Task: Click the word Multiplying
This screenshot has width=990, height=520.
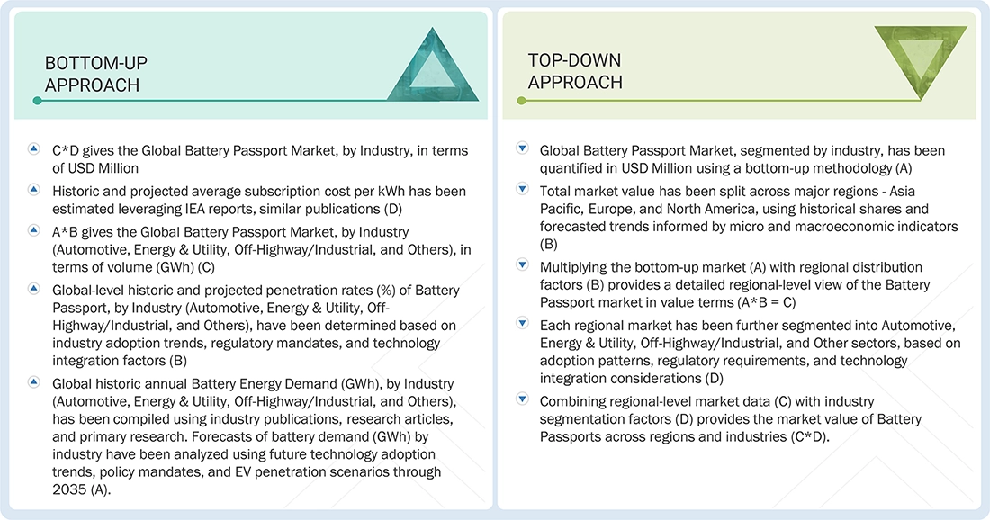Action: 577,266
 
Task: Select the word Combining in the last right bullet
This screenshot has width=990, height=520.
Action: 573,400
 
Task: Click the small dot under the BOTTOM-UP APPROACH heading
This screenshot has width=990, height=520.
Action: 37,101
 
